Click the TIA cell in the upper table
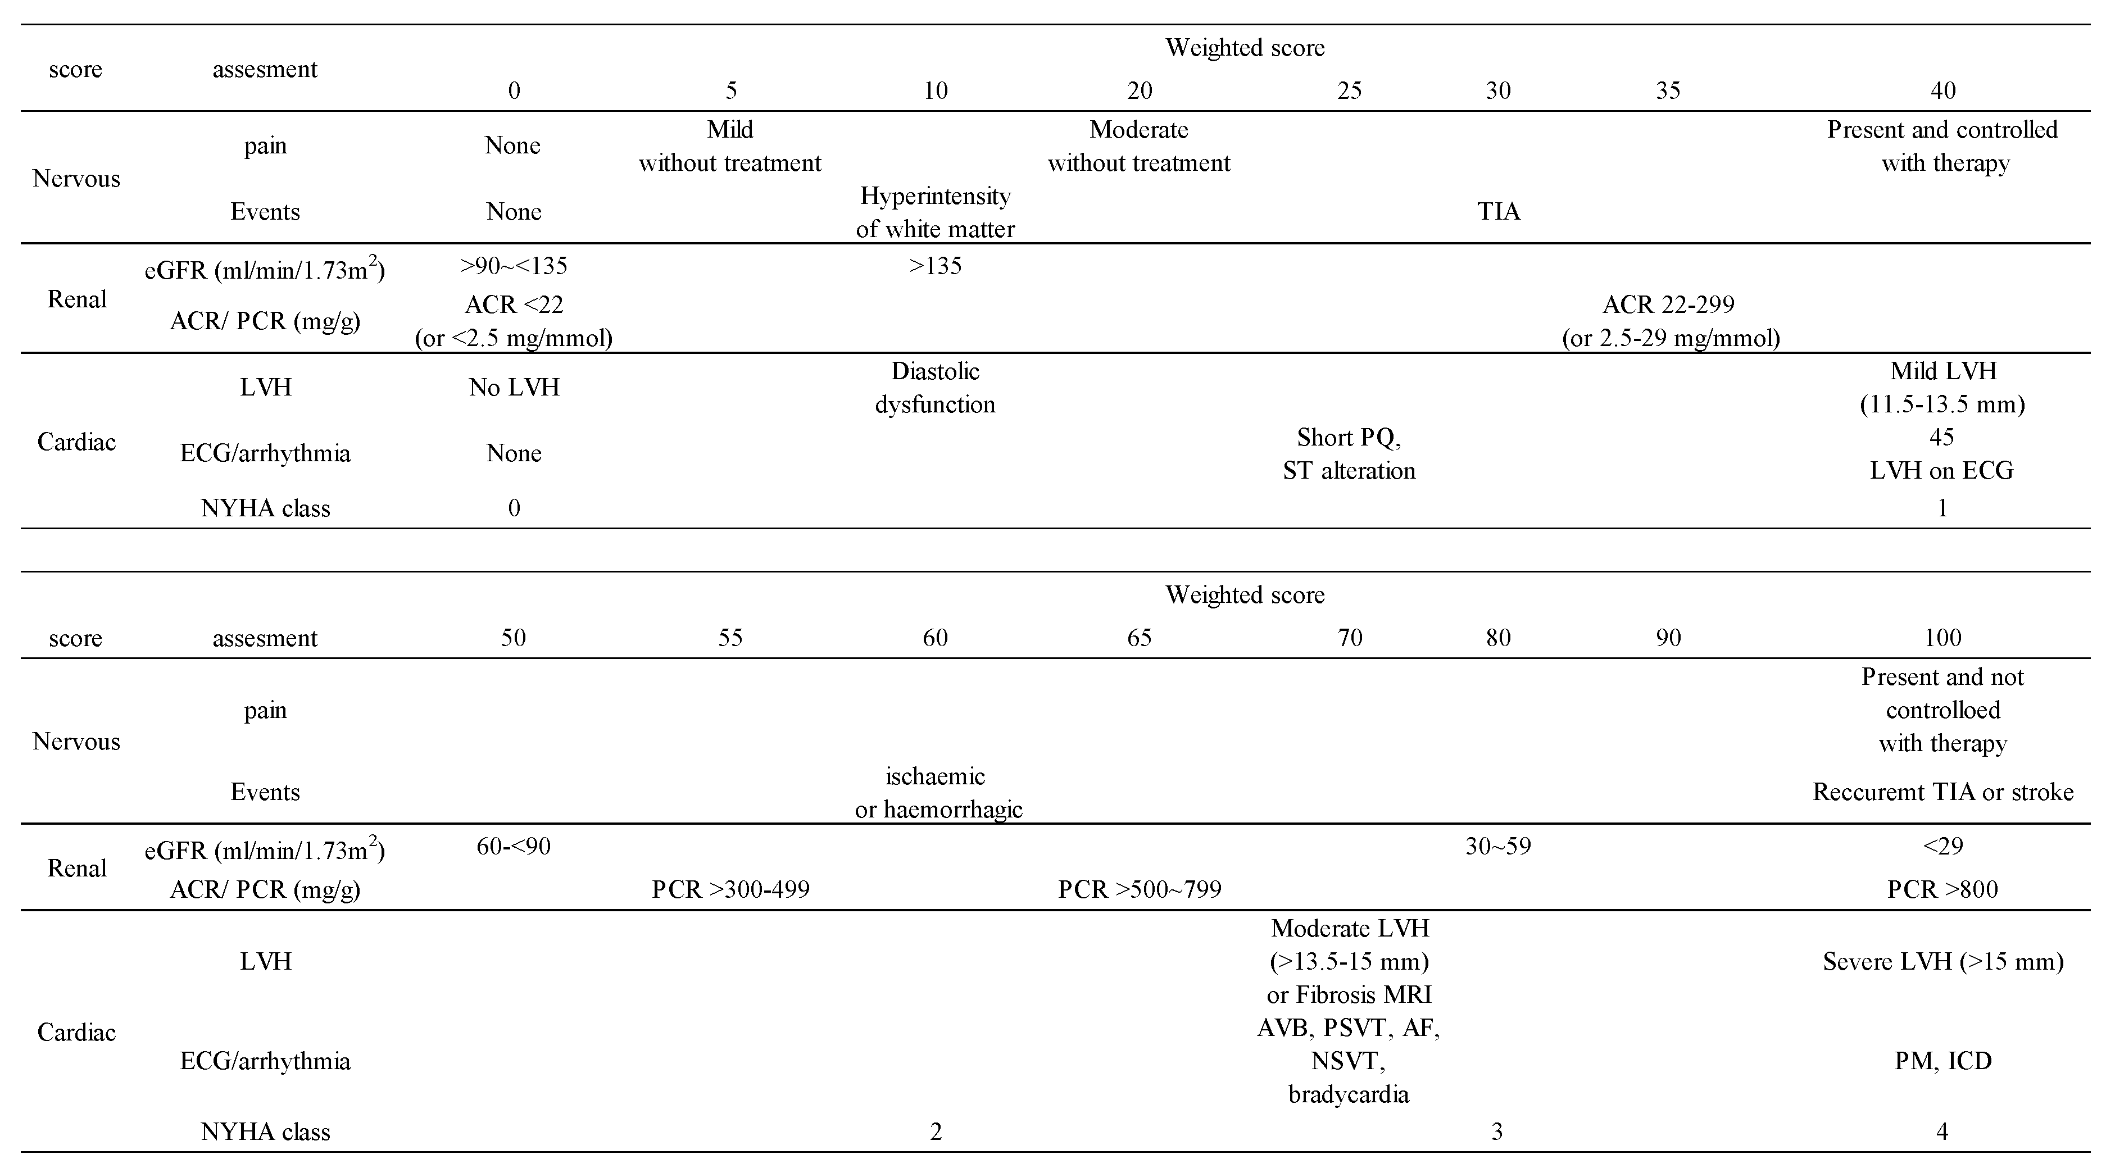[x=1498, y=212]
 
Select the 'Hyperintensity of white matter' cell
[x=934, y=212]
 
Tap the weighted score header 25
[x=1349, y=90]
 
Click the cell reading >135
[x=934, y=266]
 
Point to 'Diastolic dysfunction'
[x=934, y=388]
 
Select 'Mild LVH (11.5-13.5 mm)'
[x=1942, y=388]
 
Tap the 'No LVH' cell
[x=514, y=388]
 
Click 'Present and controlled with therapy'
[x=1942, y=146]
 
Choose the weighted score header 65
[x=1139, y=638]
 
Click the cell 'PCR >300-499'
[x=730, y=889]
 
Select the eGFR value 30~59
[x=1498, y=846]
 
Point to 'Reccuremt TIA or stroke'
[x=1942, y=792]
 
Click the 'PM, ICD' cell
[x=1942, y=1061]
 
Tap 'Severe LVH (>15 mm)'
[x=1942, y=961]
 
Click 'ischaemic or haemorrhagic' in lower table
[x=937, y=793]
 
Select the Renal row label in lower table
[x=77, y=868]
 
